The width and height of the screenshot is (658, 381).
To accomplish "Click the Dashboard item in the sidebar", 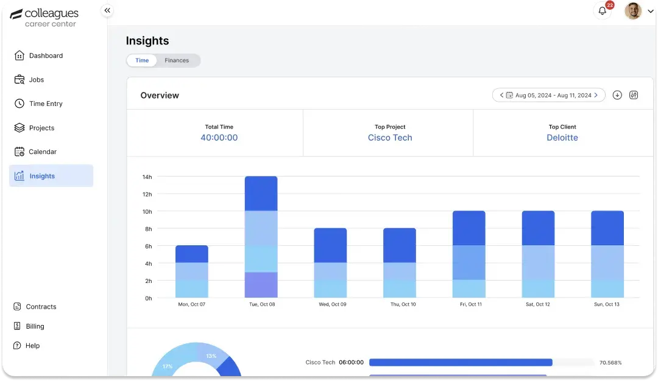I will (46, 55).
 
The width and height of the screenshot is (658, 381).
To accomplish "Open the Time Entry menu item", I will (46, 103).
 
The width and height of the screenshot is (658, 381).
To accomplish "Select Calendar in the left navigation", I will (43, 152).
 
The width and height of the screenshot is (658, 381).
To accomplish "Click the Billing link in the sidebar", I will (35, 326).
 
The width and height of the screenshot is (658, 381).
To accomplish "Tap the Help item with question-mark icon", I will (32, 346).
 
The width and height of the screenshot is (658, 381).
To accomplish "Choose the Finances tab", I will (177, 60).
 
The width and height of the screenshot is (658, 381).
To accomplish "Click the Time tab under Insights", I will (142, 60).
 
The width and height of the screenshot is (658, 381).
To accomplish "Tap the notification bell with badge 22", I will (603, 11).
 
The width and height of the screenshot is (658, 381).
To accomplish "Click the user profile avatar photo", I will (633, 11).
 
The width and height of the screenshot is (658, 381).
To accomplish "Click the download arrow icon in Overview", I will (617, 95).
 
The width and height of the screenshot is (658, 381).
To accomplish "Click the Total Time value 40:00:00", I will (219, 138).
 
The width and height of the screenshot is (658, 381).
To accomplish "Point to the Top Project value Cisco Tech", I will (390, 138).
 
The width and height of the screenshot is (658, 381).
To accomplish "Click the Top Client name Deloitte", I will (562, 138).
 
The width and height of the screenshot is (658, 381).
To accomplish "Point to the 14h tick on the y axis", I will (147, 177).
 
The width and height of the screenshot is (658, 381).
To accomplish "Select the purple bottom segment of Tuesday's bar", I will (261, 285).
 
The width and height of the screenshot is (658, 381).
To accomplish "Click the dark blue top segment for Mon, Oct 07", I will (191, 254).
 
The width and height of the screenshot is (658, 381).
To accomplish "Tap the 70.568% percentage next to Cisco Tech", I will (610, 363).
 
